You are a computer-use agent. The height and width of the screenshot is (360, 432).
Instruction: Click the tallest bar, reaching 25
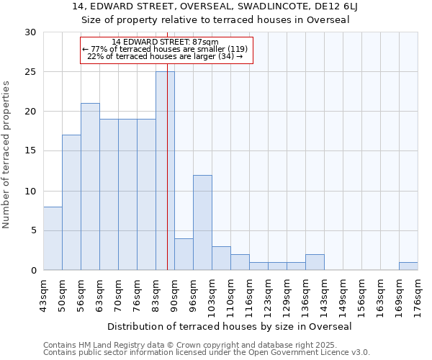pyautogui.click(x=165, y=171)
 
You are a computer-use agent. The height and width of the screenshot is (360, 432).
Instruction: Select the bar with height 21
pyautogui.click(x=90, y=186)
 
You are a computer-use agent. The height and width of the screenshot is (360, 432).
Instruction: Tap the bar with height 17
pyautogui.click(x=71, y=202)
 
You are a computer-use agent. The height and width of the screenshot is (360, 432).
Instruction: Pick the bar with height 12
pyautogui.click(x=202, y=222)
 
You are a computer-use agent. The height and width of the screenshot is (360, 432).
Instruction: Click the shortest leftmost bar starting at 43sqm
pyautogui.click(x=53, y=238)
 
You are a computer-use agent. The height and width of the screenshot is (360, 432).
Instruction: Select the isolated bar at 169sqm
pyautogui.click(x=408, y=266)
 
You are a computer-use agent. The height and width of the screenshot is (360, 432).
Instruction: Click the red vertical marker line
pyautogui.click(x=167, y=180)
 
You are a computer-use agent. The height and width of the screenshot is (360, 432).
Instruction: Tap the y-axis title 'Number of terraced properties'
pyautogui.click(x=6, y=155)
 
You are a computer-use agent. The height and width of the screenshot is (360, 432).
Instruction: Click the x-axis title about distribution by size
pyautogui.click(x=230, y=326)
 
